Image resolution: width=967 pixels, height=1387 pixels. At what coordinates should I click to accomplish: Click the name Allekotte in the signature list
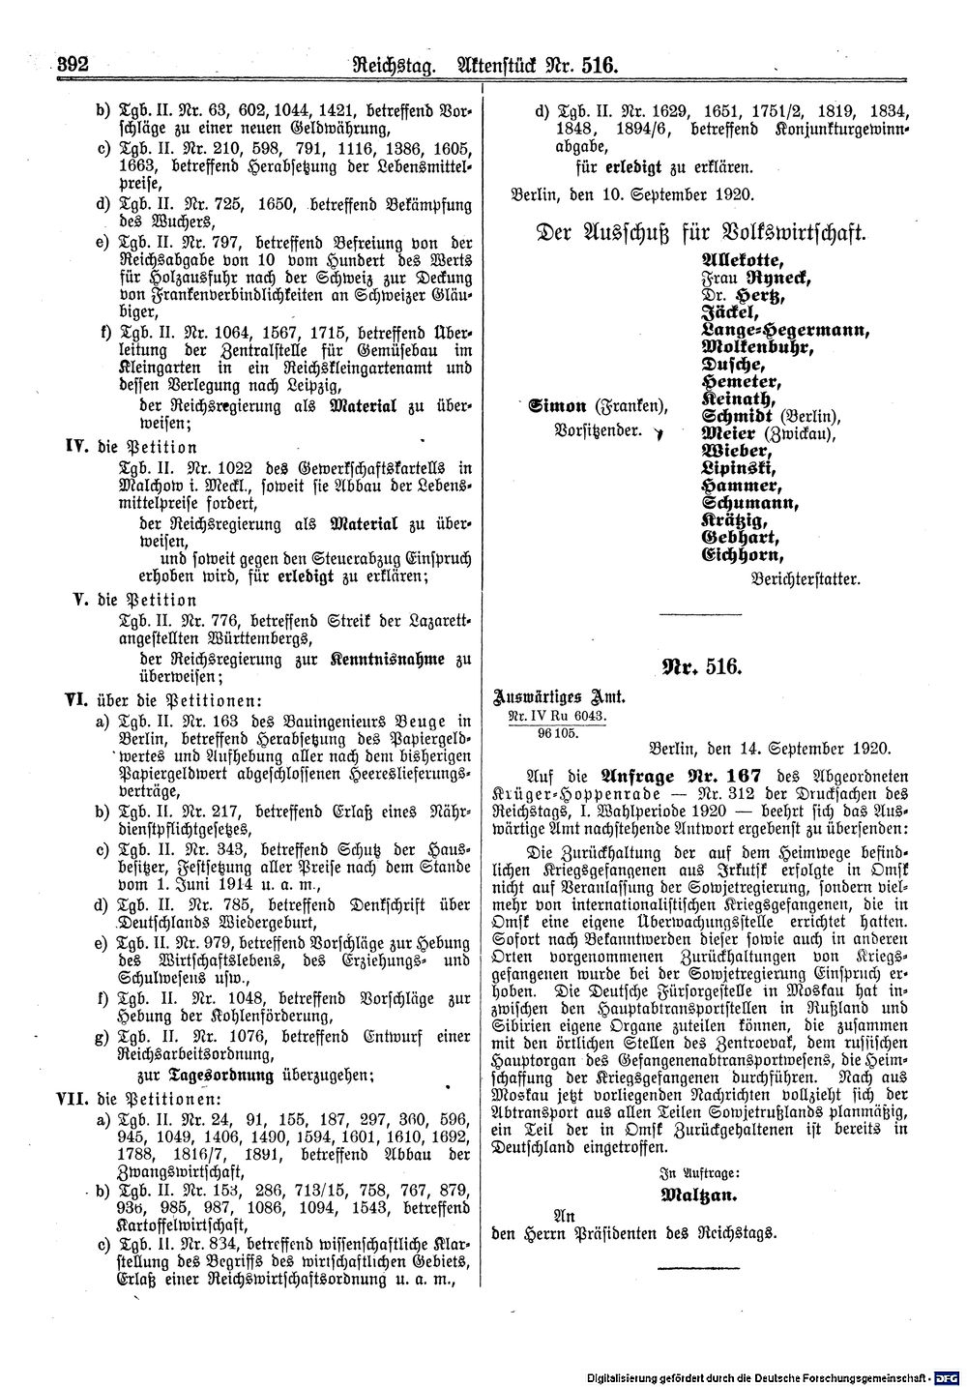738,260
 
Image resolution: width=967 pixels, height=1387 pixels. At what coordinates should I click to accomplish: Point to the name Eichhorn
741,555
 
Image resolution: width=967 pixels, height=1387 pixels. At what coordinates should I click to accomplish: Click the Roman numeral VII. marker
72,1099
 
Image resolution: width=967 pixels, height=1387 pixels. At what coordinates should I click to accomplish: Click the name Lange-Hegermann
784,329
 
